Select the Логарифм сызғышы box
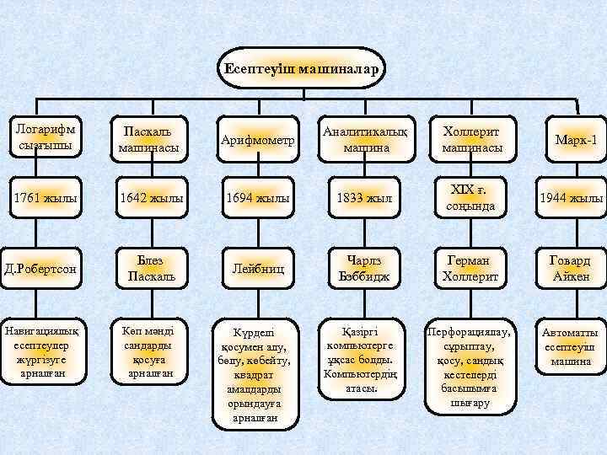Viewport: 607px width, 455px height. point(44,136)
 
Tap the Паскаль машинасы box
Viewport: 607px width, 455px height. point(150,140)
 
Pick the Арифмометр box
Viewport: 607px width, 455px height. point(258,140)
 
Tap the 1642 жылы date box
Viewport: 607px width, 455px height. point(150,199)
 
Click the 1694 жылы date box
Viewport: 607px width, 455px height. point(258,199)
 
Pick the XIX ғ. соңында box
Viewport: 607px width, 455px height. point(472,199)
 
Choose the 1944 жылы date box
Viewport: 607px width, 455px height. point(573,199)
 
